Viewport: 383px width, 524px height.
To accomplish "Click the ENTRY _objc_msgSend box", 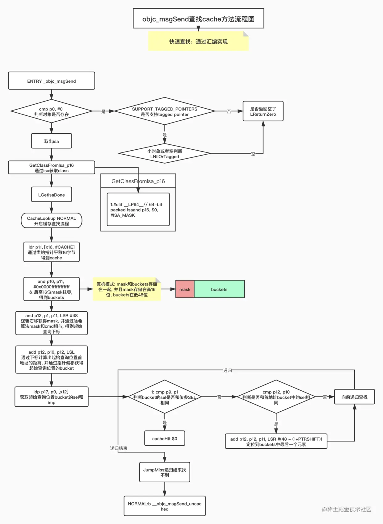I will click(x=51, y=81).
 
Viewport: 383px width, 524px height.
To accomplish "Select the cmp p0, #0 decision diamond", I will click(x=51, y=111).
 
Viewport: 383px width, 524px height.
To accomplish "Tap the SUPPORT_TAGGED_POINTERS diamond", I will click(x=164, y=111).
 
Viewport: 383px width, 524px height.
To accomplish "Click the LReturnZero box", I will click(x=263, y=111).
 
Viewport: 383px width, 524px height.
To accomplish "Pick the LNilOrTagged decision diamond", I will click(x=164, y=153).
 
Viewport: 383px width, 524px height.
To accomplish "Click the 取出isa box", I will click(x=51, y=141).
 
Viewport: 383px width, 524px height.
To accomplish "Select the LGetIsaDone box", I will click(x=51, y=195).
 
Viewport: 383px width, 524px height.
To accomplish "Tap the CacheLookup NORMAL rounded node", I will click(x=51, y=221).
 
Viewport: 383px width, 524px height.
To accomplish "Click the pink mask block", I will click(x=185, y=289).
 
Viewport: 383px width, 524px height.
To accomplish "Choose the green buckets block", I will click(x=219, y=289).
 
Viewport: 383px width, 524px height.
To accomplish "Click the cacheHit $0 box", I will click(x=164, y=438).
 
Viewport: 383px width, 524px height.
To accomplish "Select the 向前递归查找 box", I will click(x=354, y=397).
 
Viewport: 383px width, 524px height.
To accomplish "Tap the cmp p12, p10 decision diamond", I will click(x=276, y=397).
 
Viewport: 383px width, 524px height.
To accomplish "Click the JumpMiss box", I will click(x=164, y=472).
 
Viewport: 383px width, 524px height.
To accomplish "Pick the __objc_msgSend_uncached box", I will click(x=164, y=506).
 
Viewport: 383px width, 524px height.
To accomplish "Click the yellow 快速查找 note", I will click(x=198, y=41).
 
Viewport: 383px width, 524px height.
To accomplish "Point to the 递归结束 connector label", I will click(x=119, y=448).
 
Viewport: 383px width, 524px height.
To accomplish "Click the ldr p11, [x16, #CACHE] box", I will click(x=51, y=252).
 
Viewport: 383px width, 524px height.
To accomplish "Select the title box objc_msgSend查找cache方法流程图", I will click(x=198, y=19).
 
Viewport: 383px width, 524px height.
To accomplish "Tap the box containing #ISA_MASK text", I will click(x=138, y=210).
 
